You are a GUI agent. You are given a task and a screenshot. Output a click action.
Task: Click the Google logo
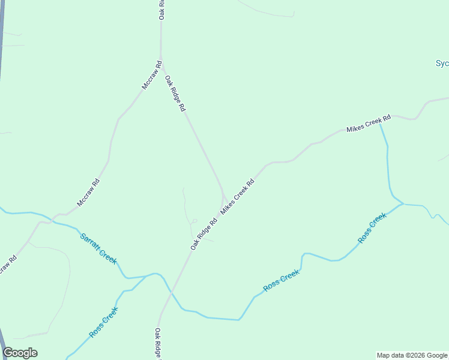[20, 353]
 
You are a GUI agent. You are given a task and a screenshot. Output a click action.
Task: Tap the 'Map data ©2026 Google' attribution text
[412, 355]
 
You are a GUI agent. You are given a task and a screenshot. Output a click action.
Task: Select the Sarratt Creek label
[98, 248]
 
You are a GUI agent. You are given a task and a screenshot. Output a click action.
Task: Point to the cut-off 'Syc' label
[442, 63]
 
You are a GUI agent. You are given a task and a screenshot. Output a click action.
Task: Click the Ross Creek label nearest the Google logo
[103, 322]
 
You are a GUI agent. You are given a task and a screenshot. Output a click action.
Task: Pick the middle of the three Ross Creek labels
[281, 281]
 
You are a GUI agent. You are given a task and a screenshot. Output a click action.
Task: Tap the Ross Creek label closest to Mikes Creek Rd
[372, 228]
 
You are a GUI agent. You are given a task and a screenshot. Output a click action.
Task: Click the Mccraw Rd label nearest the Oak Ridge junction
[151, 76]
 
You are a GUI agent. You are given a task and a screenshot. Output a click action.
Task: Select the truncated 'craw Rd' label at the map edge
[7, 266]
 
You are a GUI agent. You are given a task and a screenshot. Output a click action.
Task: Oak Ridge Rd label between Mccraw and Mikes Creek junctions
[175, 94]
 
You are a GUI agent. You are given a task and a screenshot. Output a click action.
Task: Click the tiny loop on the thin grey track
[194, 221]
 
